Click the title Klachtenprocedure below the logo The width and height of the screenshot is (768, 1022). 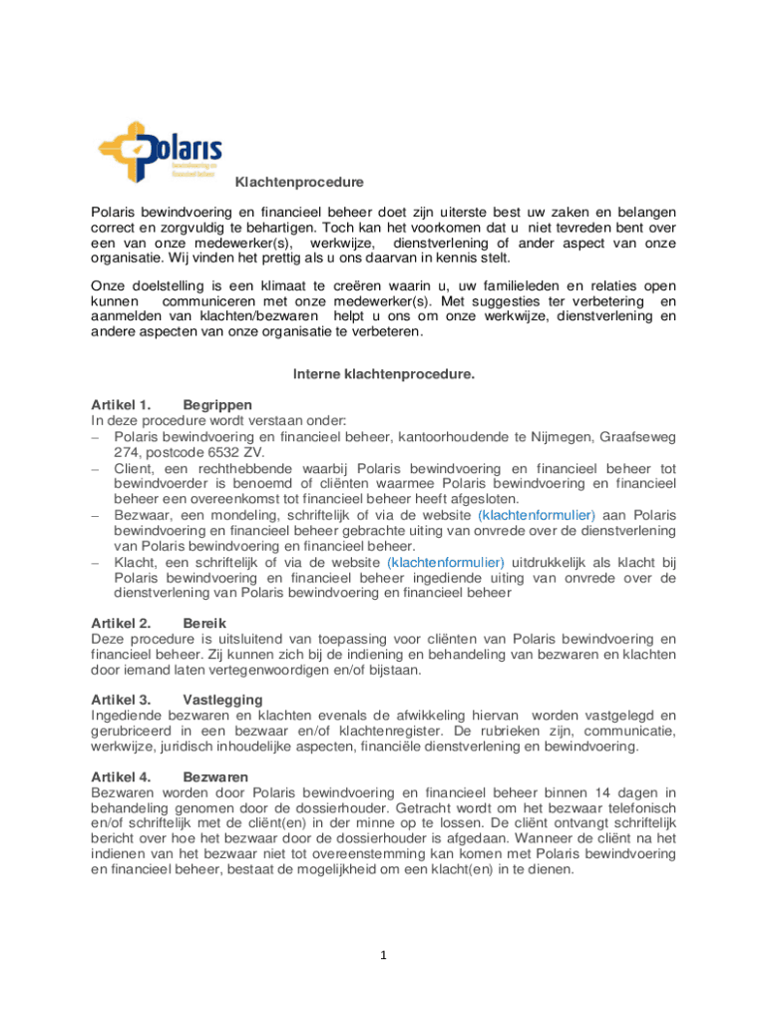(284, 183)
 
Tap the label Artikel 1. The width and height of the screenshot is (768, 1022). (120, 405)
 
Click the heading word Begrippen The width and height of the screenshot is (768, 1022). (218, 405)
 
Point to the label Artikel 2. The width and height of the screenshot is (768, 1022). (120, 623)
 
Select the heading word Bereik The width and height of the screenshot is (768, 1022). (205, 623)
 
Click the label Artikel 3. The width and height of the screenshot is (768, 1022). (120, 700)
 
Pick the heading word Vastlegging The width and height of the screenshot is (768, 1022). (223, 700)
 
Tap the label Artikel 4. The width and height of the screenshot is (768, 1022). (120, 776)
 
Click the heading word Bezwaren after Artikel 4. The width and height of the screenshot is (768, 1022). (215, 776)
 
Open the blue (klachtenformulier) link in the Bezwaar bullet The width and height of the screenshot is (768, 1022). (537, 515)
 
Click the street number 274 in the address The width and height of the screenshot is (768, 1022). (126, 452)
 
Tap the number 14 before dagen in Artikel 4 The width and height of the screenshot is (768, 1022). (592, 792)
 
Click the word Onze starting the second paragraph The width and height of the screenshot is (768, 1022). (108, 285)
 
